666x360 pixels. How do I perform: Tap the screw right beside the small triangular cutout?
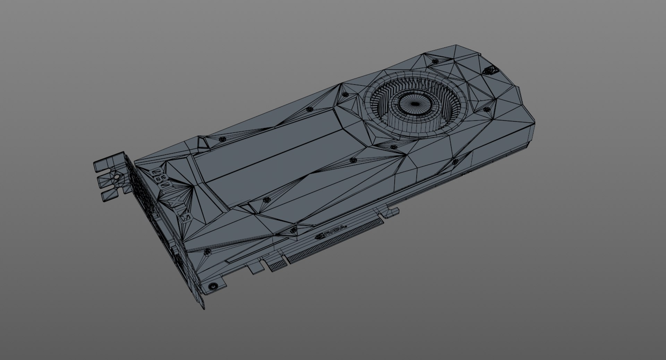(222, 139)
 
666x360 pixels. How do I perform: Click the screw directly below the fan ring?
(393, 147)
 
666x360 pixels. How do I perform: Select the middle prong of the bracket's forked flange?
(106, 180)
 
